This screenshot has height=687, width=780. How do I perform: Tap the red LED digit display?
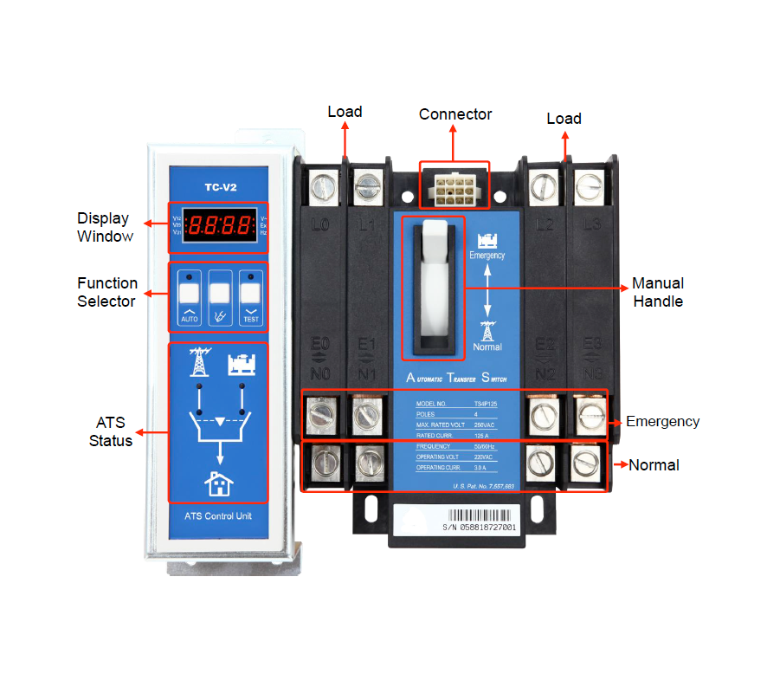click(x=219, y=225)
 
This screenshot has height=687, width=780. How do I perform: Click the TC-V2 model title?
click(x=218, y=186)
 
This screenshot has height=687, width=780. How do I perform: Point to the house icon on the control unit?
click(x=218, y=482)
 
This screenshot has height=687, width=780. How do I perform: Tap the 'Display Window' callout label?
click(x=103, y=227)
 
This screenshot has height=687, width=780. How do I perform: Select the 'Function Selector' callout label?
click(x=106, y=292)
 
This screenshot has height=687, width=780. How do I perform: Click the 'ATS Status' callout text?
click(x=110, y=431)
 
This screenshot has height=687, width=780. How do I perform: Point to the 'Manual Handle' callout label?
click(x=658, y=292)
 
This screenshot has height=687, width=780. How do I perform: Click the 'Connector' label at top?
click(x=455, y=114)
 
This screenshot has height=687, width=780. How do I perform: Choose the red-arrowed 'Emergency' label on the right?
click(x=662, y=422)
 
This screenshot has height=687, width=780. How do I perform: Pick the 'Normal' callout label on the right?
click(x=654, y=465)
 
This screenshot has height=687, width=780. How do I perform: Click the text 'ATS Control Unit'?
click(x=218, y=516)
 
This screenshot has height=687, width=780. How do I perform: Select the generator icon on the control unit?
click(x=241, y=364)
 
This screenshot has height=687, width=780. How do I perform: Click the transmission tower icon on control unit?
click(x=200, y=362)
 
